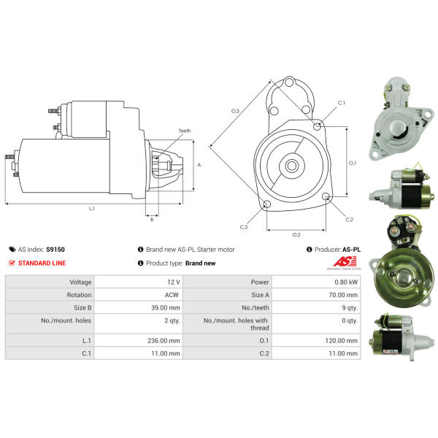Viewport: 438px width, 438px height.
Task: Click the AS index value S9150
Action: pyautogui.click(x=55, y=250)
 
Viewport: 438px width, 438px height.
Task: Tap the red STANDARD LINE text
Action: pyautogui.click(x=42, y=263)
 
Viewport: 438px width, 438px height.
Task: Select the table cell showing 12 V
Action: pyautogui.click(x=174, y=282)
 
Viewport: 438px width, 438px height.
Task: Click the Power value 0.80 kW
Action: pyautogui.click(x=346, y=282)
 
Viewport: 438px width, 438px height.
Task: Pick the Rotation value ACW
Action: pyautogui.click(x=172, y=295)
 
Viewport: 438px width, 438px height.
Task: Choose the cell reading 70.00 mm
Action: pyautogui.click(x=343, y=295)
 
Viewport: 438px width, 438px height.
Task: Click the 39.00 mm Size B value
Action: pyautogui.click(x=166, y=308)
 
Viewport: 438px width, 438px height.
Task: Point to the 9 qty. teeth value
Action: pyautogui.click(x=350, y=308)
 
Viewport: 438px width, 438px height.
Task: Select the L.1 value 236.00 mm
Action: pyautogui.click(x=164, y=341)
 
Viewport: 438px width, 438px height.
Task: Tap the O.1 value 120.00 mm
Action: pyautogui.click(x=342, y=341)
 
